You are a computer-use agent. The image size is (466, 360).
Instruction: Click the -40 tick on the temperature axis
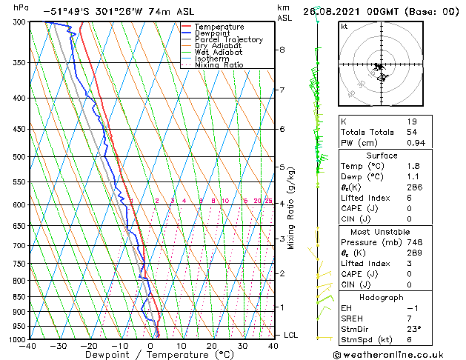tap(28, 346)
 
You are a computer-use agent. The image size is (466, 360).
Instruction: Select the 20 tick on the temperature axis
tap(211, 346)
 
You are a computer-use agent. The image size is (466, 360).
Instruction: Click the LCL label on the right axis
tap(290, 335)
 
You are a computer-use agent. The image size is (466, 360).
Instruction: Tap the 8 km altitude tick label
tap(282, 50)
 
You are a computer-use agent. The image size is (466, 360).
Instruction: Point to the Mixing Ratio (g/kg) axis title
tap(291, 208)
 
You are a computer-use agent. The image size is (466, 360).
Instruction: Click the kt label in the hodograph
tap(344, 27)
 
